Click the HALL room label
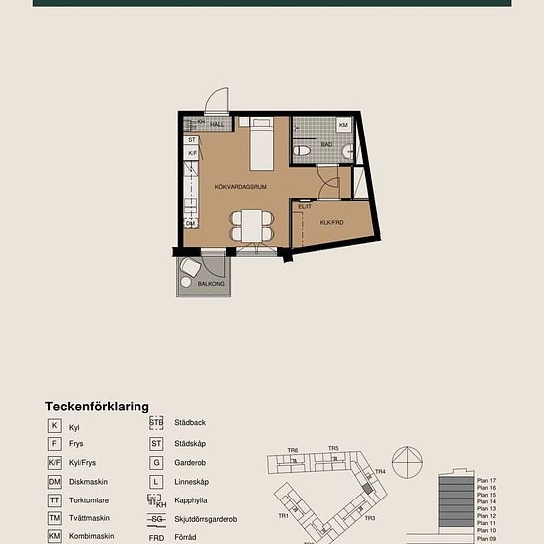pos(216,124)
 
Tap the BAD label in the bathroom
pos(325,144)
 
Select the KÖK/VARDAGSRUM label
pos(241,186)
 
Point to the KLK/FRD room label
pos(331,223)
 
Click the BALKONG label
pos(211,284)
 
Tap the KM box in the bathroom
pos(343,125)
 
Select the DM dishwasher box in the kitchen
pos(191,224)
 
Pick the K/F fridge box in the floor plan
pos(193,154)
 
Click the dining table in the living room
pos(252,226)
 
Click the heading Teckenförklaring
pos(97,406)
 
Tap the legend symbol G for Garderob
pos(156,462)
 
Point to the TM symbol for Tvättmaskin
pos(55,518)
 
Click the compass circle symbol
pos(407,463)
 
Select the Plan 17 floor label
pos(485,480)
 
